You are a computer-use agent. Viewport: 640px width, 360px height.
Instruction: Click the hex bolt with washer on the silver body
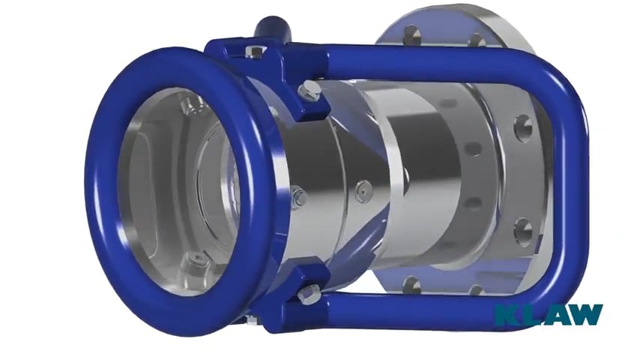298,198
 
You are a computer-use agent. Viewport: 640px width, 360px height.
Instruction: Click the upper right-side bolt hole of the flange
523,128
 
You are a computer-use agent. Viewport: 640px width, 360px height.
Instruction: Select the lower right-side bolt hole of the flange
523,229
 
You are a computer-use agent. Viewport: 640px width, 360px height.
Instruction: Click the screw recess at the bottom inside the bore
198,260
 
